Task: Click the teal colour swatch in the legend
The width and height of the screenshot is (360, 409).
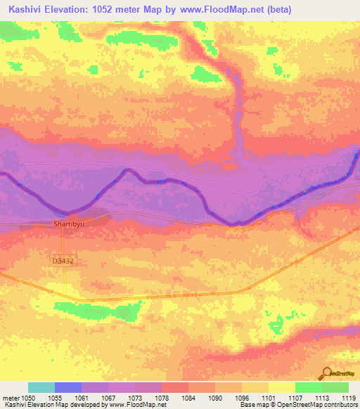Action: pos(41,387)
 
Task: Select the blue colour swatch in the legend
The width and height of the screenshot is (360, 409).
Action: pos(67,387)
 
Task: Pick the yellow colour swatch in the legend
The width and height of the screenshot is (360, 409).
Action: pos(281,387)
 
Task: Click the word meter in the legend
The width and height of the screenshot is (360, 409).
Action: pos(10,397)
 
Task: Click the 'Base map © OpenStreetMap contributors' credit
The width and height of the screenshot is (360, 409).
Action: pos(295,405)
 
